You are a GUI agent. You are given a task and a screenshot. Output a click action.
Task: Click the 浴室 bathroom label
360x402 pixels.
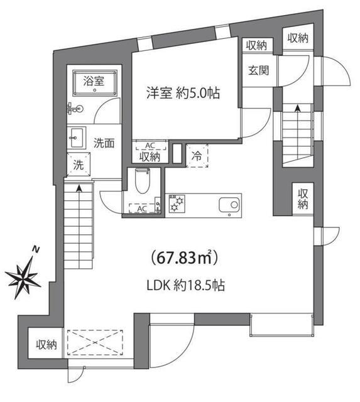[x=95, y=80]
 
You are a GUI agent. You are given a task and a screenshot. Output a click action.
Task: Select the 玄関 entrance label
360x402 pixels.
[x=257, y=70]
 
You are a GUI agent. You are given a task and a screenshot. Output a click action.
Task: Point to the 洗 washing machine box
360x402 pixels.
[x=79, y=166]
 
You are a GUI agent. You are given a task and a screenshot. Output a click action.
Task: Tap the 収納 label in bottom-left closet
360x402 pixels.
[x=46, y=344]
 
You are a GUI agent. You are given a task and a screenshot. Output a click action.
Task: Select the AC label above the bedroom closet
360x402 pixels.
[x=150, y=144]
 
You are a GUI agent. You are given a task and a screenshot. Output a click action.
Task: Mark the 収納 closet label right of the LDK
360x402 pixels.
[x=303, y=198]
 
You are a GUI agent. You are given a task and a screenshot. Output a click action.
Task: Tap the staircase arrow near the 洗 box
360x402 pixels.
[x=79, y=188]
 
